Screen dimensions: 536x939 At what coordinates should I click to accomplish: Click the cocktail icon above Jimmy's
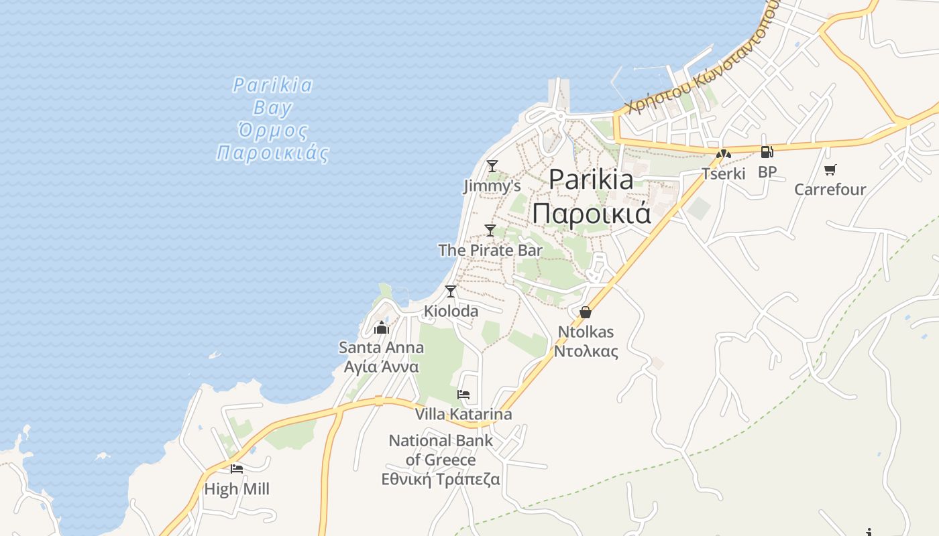tap(492, 165)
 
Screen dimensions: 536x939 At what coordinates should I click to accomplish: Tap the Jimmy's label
tap(492, 186)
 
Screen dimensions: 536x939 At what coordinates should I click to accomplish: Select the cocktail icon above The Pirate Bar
tap(490, 230)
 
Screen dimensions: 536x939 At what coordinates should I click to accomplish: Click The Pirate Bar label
tap(490, 251)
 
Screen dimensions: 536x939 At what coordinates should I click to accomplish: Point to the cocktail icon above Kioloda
tap(451, 291)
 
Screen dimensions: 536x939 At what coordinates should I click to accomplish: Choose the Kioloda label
tap(451, 311)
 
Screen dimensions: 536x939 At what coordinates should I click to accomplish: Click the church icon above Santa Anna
tap(382, 328)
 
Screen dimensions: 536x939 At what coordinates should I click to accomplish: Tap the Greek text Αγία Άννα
tap(381, 366)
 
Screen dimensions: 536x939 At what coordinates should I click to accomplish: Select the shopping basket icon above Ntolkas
tap(586, 312)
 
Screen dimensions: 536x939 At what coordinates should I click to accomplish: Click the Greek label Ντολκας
tap(586, 350)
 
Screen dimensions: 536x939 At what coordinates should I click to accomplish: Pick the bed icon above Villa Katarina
tap(463, 395)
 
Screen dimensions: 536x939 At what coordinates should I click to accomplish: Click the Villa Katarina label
tap(463, 414)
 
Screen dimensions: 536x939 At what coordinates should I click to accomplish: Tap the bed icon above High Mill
tap(237, 469)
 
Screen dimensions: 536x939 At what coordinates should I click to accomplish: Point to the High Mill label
tap(237, 489)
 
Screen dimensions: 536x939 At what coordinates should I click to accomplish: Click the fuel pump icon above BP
tap(767, 152)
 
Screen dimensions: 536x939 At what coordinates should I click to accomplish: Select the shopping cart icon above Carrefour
tap(830, 170)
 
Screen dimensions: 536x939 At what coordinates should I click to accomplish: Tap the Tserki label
tap(723, 174)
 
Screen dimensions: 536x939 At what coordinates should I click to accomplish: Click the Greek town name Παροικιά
tap(592, 213)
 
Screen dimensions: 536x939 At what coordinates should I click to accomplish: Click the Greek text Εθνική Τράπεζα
tap(441, 479)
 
